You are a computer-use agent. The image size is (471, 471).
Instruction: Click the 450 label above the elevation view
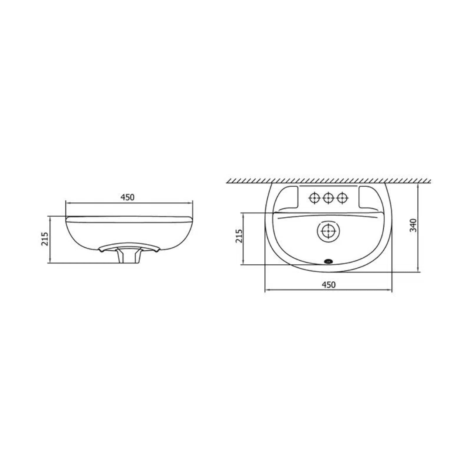click(127, 197)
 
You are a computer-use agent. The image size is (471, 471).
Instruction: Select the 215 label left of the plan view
click(239, 236)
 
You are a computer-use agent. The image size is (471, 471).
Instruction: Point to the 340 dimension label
click(414, 225)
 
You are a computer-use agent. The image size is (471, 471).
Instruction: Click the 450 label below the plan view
click(328, 285)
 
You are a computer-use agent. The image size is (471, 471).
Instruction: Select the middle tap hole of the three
click(328, 198)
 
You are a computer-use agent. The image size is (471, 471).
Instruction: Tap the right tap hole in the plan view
click(342, 198)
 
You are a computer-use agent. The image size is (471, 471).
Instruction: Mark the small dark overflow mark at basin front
click(328, 262)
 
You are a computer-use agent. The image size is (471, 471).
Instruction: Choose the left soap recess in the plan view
click(288, 196)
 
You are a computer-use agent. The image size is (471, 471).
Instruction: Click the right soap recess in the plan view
click(367, 196)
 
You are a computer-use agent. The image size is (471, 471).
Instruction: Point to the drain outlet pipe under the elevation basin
click(130, 257)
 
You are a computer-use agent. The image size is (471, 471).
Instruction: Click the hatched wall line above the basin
click(328, 180)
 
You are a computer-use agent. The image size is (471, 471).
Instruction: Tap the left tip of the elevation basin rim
click(66, 217)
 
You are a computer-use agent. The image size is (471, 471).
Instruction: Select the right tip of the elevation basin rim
click(192, 217)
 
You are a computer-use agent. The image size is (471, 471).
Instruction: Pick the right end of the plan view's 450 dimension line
click(392, 291)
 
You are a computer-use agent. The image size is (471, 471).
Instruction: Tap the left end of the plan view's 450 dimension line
click(265, 291)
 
